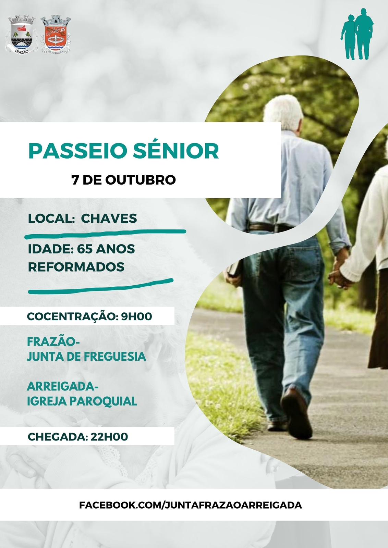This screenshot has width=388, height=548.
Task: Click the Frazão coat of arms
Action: [x=21, y=35]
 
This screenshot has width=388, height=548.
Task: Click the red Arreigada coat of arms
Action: [x=56, y=34]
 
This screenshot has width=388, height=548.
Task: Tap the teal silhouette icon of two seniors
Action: [x=357, y=34]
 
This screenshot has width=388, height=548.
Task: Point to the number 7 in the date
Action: [x=75, y=180]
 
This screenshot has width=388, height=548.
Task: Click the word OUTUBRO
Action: [x=141, y=180]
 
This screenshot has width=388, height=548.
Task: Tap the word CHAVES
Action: [x=109, y=219]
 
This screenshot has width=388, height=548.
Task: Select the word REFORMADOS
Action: [x=76, y=267]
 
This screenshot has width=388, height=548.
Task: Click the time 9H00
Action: [x=137, y=316]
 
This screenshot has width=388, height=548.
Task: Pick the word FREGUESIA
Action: [x=115, y=357]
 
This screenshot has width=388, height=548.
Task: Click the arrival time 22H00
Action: [x=109, y=437]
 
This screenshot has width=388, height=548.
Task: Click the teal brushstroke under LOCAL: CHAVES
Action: [x=105, y=234]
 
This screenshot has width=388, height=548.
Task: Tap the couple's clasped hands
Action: [x=339, y=279]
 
